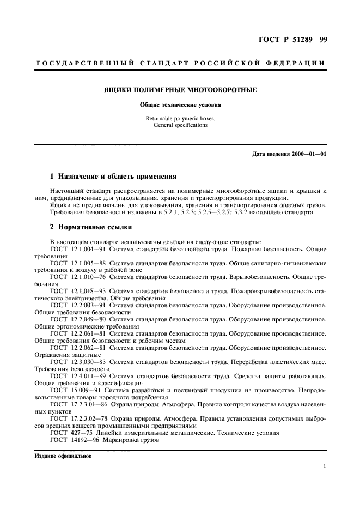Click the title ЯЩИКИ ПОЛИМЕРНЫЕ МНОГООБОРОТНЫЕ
[180, 90]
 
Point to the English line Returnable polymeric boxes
[180, 118]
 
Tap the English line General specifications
[180, 125]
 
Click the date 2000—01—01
[307, 154]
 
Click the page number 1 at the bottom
[325, 467]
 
